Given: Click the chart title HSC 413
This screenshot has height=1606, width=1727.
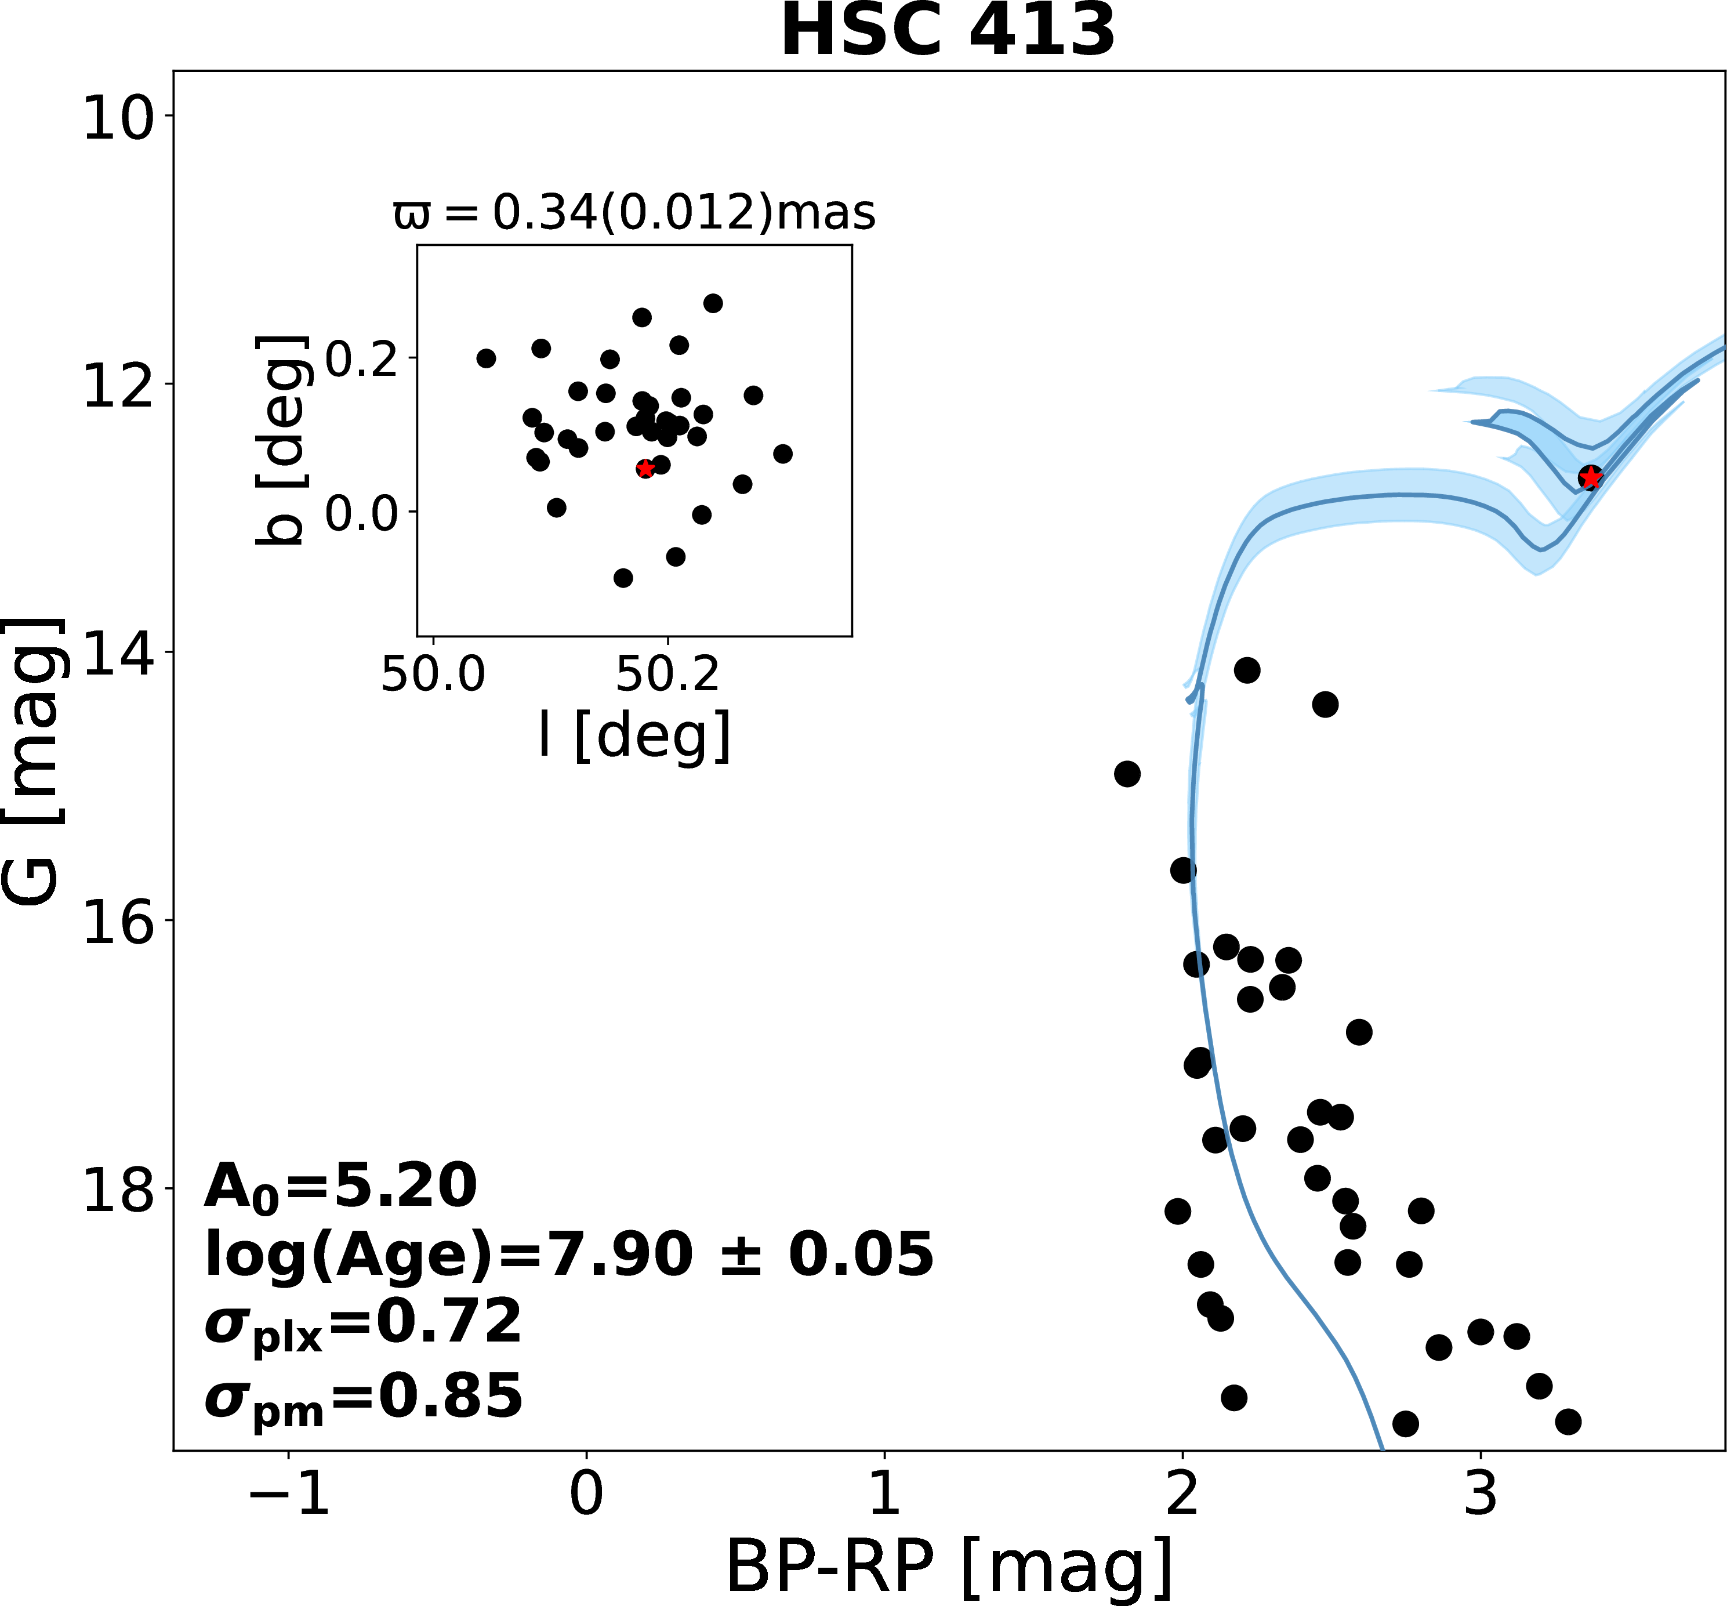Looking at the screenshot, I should point(948,31).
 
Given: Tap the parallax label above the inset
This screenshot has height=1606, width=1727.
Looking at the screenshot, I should point(634,213).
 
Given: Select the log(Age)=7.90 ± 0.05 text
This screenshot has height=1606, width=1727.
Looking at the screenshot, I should point(569,1255).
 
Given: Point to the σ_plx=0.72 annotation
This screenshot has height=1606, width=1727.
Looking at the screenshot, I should point(363,1325).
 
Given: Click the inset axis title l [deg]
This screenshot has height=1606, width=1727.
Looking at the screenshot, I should point(634,735).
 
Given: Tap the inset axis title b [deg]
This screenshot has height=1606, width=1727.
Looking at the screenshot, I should point(281,441).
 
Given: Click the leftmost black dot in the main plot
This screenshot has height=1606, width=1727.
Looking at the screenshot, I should point(1127,774).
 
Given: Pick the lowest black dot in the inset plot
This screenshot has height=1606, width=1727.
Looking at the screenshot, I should point(623,578).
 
